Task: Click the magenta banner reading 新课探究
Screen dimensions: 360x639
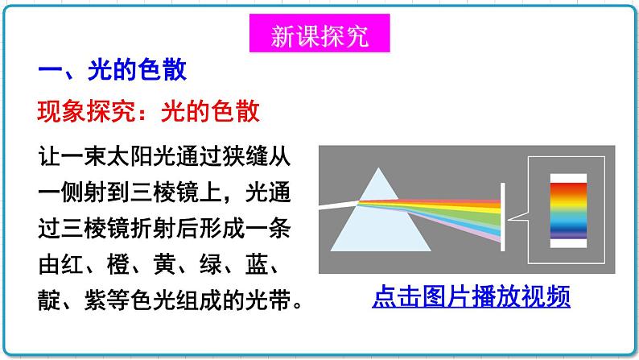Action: click(x=319, y=36)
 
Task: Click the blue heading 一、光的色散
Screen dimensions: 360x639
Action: click(x=112, y=70)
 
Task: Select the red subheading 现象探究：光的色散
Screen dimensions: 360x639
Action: click(x=150, y=110)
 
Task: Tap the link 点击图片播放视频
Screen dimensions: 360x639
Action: click(x=471, y=297)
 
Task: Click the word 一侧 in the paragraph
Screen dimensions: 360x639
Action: click(x=60, y=193)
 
